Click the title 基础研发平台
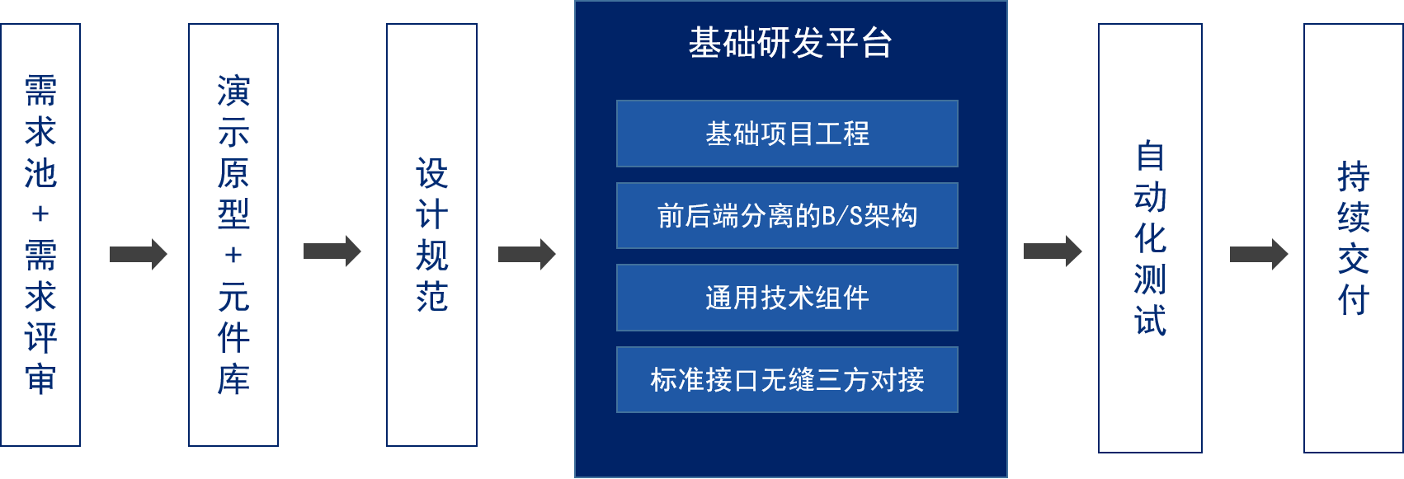coord(789,43)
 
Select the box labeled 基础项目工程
coord(787,134)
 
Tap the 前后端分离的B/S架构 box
coord(787,215)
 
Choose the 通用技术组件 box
coord(787,298)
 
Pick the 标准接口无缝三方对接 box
coord(787,379)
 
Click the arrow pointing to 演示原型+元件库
coord(139,254)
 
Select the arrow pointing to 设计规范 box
coord(332,251)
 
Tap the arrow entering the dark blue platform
coord(527,254)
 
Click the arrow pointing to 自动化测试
coord(1053,251)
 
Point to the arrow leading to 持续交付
coord(1259,254)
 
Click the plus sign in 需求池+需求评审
coord(40,214)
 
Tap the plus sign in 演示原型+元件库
coord(233,255)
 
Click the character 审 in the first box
coord(40,378)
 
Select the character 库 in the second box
coord(233,378)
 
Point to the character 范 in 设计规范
coord(432,296)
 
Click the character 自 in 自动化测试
coord(1150,155)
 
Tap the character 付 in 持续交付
coord(1354,300)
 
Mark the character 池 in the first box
coord(40,173)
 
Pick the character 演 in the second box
coord(233,91)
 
